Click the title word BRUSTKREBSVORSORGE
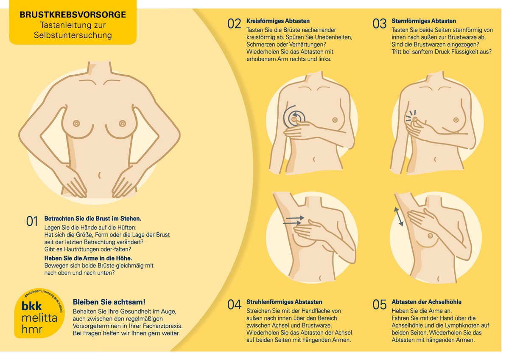coord(73,14)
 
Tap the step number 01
coord(32,221)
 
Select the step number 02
coord(234,24)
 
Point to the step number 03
coord(379,24)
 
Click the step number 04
coord(234,304)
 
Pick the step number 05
coord(379,304)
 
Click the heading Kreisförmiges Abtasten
coord(278,21)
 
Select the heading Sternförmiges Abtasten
coord(424,21)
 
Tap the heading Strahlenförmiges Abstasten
coord(284,302)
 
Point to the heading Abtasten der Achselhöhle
coord(426,302)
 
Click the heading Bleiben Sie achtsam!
coord(109,302)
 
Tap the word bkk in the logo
coord(31,306)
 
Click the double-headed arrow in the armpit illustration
coord(399,217)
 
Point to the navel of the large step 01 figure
coord(99,175)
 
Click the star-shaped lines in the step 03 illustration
coord(411,116)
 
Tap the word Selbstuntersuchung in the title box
coord(73,35)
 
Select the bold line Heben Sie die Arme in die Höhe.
coord(88,259)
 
